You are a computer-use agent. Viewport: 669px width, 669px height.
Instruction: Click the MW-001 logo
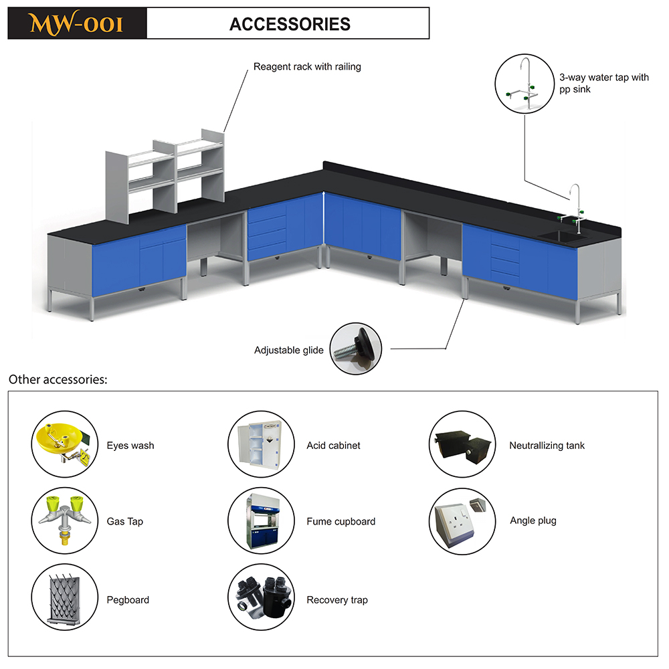pyautogui.click(x=77, y=23)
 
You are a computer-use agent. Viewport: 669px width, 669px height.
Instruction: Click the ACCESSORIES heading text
pyautogui.click(x=290, y=24)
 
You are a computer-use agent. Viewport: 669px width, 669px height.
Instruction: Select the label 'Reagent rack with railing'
pyautogui.click(x=307, y=66)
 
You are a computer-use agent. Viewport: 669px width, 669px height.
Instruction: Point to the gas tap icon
pyautogui.click(x=65, y=520)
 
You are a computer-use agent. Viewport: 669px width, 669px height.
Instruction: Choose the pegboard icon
pyautogui.click(x=65, y=597)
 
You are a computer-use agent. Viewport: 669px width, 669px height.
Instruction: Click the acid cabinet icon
pyautogui.click(x=261, y=444)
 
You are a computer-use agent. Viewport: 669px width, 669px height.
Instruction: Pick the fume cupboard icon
pyautogui.click(x=261, y=520)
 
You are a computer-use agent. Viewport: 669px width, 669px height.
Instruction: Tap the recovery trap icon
pyautogui.click(x=261, y=597)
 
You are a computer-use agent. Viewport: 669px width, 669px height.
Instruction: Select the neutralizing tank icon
pyautogui.click(x=462, y=444)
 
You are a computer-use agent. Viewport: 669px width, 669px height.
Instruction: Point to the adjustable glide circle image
pyautogui.click(x=356, y=349)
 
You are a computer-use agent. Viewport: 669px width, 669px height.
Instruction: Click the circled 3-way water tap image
pyautogui.click(x=524, y=84)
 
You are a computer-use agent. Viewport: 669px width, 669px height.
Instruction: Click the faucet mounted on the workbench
pyautogui.click(x=574, y=209)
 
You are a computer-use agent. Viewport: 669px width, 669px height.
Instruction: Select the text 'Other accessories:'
pyautogui.click(x=58, y=379)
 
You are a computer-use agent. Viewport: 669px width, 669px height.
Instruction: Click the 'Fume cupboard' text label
pyautogui.click(x=341, y=521)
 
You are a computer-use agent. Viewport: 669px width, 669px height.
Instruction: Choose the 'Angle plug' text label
pyautogui.click(x=533, y=521)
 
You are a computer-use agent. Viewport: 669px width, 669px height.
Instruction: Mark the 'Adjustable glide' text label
pyautogui.click(x=289, y=351)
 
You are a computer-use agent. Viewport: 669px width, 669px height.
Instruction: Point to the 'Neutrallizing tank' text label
pyautogui.click(x=547, y=446)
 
